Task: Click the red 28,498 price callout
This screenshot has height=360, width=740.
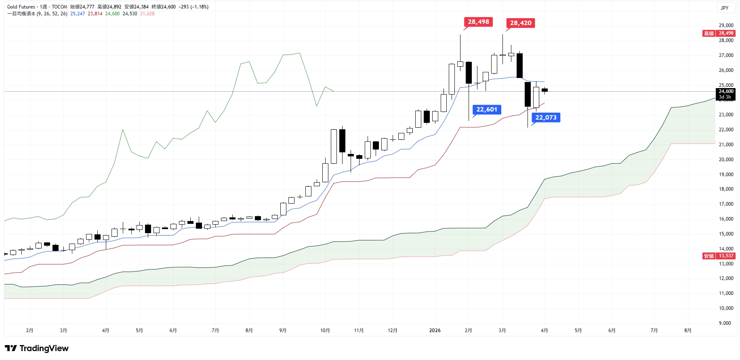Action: point(478,22)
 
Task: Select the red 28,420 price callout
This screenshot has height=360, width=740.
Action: point(521,23)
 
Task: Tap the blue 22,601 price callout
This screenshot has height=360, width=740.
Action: point(487,109)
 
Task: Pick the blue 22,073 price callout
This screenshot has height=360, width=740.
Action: point(546,118)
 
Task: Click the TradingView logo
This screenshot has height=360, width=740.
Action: point(37,348)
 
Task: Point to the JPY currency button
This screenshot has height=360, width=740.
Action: point(725,8)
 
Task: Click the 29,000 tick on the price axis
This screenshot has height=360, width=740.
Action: point(726,25)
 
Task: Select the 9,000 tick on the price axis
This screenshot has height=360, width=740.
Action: point(725,323)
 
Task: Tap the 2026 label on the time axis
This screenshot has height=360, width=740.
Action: point(435,331)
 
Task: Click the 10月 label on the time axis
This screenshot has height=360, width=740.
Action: point(325,331)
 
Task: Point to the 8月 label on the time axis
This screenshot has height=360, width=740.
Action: point(688,331)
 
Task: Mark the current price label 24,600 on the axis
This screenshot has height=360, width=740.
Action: point(726,91)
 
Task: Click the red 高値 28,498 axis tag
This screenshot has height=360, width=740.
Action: point(719,34)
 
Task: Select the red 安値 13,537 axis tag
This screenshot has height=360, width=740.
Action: point(719,256)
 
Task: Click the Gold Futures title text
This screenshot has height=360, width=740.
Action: point(21,7)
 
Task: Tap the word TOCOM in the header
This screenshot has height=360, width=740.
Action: point(59,7)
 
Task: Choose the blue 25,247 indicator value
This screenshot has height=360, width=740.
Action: point(78,14)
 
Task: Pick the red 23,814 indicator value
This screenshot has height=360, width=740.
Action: point(95,14)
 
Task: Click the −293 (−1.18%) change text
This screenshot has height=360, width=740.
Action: point(193,7)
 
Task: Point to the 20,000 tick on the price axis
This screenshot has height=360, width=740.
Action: point(726,160)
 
